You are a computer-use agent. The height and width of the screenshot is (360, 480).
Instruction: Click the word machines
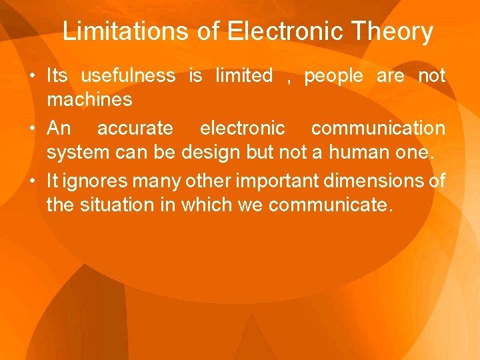pos(89,101)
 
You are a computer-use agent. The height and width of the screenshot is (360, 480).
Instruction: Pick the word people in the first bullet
pos(334,76)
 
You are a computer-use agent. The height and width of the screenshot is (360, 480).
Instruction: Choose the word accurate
pos(135,128)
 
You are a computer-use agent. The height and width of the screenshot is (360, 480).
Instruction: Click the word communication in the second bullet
pos(378,128)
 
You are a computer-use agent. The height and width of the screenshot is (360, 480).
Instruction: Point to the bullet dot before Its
pos(33,77)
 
